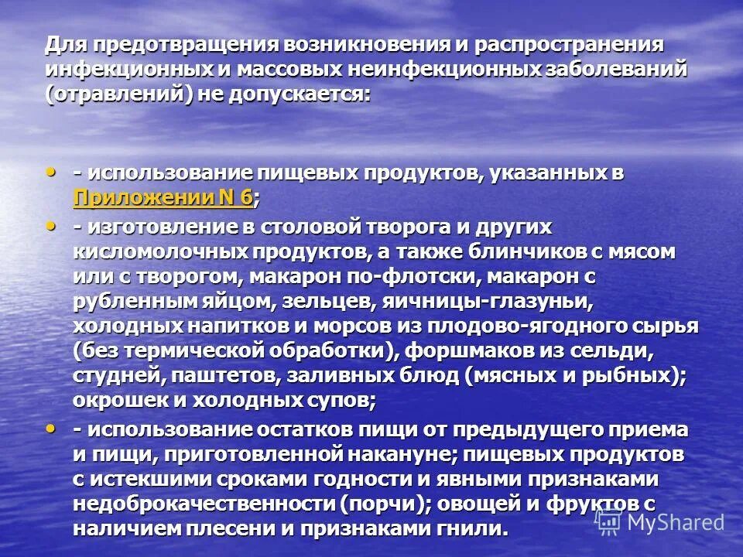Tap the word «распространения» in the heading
577,46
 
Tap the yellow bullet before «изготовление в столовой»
53,225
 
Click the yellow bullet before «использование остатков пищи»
53,427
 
